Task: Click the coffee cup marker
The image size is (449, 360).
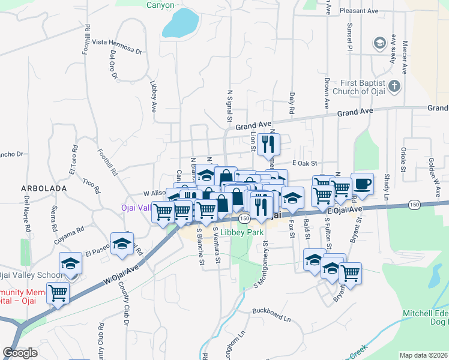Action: coord(362,184)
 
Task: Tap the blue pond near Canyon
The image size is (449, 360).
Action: coord(180,23)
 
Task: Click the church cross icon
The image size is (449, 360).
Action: coord(394,86)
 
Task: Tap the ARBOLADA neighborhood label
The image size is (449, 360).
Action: coord(44,188)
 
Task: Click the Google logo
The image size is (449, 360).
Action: coord(20,352)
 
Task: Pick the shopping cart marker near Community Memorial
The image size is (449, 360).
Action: coord(58,293)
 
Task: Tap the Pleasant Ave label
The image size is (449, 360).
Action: coord(358,11)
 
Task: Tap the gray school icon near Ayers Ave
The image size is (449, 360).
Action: coord(379,43)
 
